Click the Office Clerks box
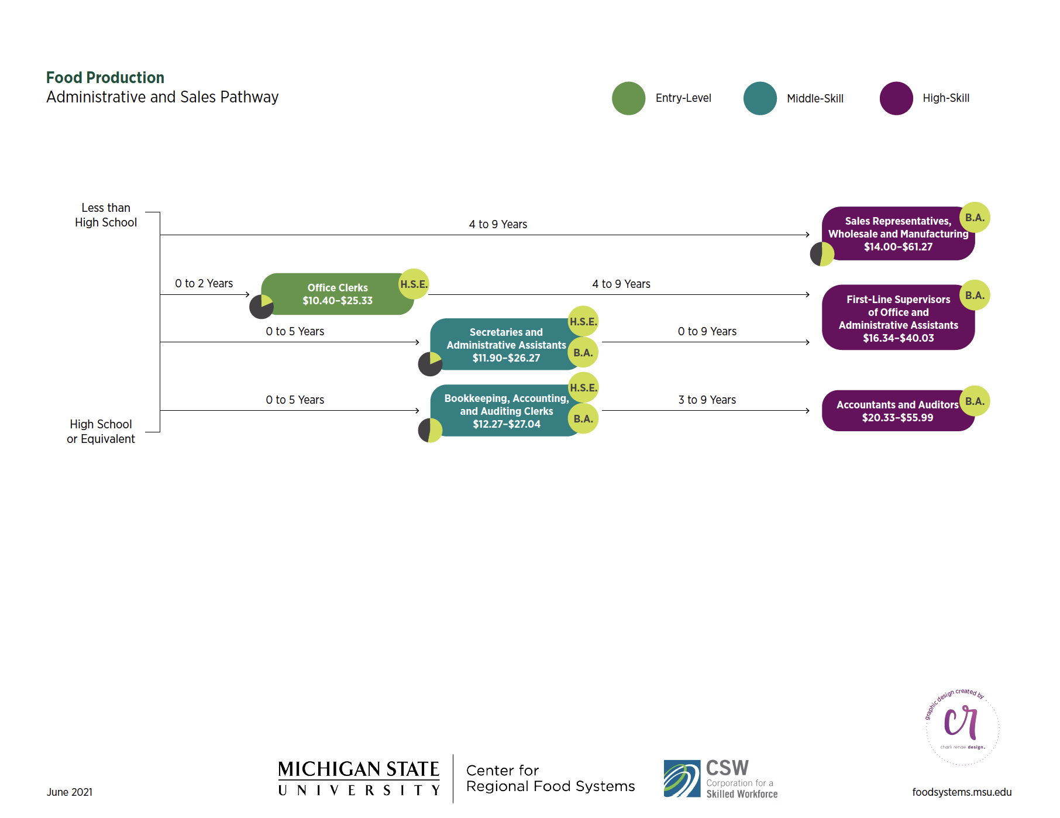[x=337, y=294]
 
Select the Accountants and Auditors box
[x=897, y=411]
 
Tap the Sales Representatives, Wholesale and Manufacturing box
[x=897, y=234]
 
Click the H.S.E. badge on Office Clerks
[x=414, y=284]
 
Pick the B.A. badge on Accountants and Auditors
[x=975, y=401]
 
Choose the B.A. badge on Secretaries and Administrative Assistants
[x=583, y=353]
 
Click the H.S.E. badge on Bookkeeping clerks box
[x=583, y=388]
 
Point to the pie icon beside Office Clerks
[x=261, y=306]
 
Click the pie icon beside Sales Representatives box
[x=822, y=254]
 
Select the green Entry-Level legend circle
[x=628, y=98]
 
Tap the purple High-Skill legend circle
[x=896, y=98]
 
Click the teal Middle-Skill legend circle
[x=760, y=98]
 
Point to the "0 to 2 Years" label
[x=204, y=284]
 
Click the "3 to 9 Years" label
[x=707, y=400]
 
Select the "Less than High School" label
[x=106, y=215]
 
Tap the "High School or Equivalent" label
[x=101, y=432]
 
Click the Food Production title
[x=105, y=78]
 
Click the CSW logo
[x=721, y=779]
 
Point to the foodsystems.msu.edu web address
[x=962, y=792]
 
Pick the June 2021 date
[x=70, y=792]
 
